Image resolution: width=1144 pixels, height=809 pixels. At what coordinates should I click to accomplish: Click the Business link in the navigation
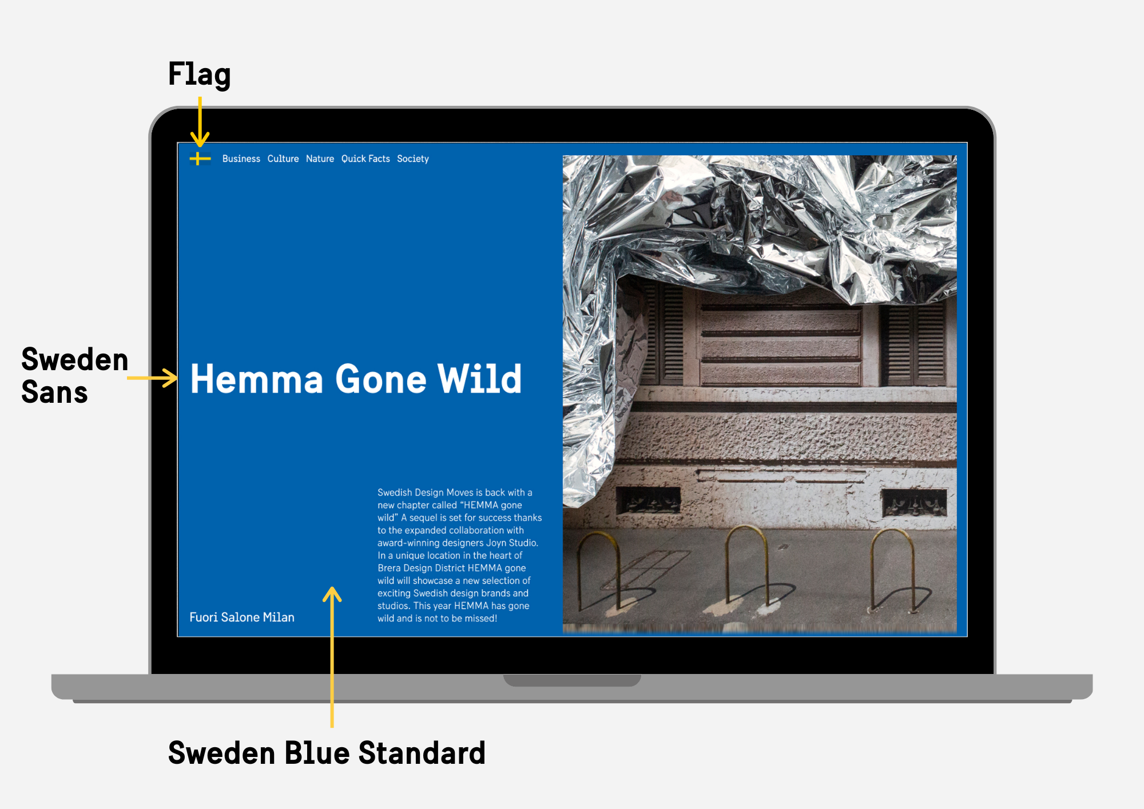point(241,158)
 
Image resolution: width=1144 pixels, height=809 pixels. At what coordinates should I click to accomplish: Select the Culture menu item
point(283,158)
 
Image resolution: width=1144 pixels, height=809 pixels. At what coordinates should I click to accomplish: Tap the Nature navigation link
point(320,158)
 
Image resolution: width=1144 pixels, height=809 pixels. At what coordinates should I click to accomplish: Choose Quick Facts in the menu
point(366,158)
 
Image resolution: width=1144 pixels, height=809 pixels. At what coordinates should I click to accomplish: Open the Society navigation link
point(412,158)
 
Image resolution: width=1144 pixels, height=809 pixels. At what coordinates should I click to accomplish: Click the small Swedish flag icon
point(200,158)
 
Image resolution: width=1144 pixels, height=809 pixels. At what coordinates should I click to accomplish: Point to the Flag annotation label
point(199,74)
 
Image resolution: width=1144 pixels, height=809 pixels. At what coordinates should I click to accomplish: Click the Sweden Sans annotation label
point(74,375)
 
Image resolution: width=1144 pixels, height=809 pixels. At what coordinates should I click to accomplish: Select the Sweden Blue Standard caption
point(327,752)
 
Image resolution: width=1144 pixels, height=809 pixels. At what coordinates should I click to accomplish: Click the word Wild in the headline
point(479,379)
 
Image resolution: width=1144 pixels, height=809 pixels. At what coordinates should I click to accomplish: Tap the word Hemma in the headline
point(257,379)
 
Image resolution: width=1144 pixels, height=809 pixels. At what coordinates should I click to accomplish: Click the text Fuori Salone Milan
point(242,617)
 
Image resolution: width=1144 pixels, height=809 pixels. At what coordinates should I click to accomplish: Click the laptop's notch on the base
point(572,680)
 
